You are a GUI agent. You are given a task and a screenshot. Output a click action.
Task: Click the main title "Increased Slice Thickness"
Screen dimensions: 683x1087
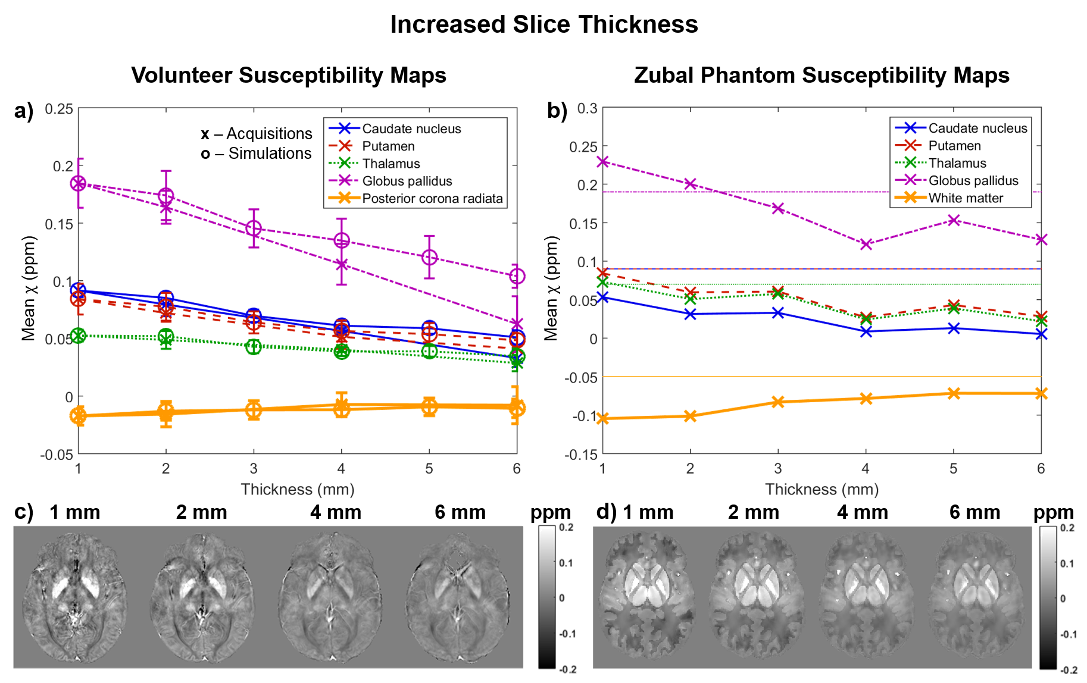(543, 24)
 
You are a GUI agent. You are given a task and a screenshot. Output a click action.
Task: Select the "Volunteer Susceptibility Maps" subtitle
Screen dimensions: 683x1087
(289, 76)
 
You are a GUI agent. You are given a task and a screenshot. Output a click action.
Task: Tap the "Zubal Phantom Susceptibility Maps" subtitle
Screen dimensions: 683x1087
(822, 76)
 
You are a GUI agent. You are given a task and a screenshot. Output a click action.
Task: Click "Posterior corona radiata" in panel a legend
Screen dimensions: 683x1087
(432, 199)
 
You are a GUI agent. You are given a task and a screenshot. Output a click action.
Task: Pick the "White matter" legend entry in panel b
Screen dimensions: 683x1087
(966, 198)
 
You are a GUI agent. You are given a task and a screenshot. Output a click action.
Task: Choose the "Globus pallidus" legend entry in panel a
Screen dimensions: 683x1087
(407, 181)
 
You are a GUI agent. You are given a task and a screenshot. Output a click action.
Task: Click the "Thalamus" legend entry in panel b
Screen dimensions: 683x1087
(957, 163)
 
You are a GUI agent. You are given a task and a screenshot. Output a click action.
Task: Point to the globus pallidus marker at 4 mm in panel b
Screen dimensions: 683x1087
(866, 244)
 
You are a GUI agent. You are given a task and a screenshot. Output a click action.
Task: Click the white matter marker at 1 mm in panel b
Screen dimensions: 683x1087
(603, 419)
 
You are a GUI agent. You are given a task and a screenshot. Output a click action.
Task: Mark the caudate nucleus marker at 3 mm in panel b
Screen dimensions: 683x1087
(778, 313)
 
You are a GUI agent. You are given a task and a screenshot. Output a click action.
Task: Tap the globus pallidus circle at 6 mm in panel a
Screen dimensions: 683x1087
(517, 276)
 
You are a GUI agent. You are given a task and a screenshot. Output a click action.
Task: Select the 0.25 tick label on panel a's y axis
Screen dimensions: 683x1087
(59, 109)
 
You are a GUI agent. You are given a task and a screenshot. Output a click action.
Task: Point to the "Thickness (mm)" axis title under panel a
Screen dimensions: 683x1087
(298, 490)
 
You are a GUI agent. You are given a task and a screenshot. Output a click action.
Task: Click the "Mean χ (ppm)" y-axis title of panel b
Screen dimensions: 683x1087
(551, 289)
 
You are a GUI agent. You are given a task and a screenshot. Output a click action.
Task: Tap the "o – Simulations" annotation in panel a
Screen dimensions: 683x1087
(257, 153)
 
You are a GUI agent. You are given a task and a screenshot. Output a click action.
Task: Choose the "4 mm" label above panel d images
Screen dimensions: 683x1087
(863, 512)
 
